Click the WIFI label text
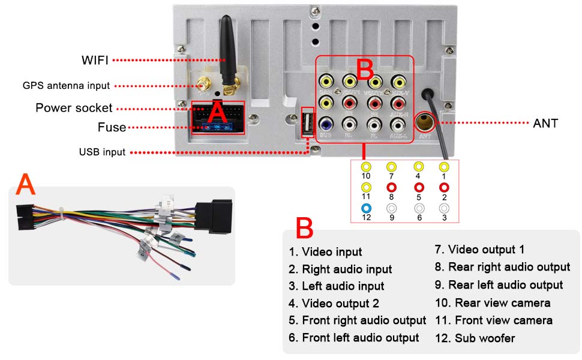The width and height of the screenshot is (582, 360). point(95,60)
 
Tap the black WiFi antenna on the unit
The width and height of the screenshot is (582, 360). point(227,51)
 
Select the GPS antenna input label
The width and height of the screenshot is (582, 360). point(66,86)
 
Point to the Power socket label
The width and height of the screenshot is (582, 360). point(74,108)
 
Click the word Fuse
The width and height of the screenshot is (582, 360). point(112,127)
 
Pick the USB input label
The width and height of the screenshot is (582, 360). point(102,152)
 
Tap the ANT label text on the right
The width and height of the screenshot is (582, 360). point(545,124)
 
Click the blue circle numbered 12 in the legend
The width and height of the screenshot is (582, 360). point(366,208)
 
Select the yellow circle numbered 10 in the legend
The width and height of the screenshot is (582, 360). point(366,167)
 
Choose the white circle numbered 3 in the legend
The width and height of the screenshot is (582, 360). point(444,208)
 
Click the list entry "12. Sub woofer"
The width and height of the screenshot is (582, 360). point(475,338)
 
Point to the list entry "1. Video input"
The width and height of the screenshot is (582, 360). point(325,252)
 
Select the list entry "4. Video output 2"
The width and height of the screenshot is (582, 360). point(334,304)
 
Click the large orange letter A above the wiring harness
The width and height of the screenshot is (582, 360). point(26,185)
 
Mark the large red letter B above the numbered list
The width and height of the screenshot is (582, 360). point(304,230)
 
